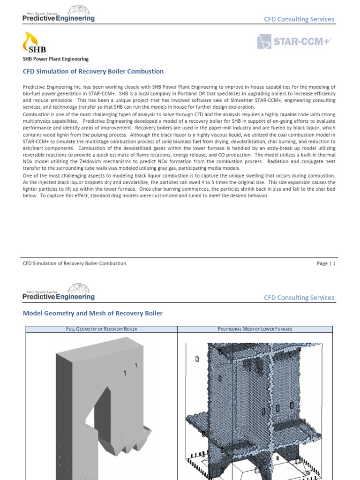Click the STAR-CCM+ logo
[294, 42]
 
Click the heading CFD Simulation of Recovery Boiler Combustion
[93, 71]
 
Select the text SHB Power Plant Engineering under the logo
[56, 59]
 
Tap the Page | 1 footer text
[326, 263]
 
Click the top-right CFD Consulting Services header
[299, 19]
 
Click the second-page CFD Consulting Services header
[299, 298]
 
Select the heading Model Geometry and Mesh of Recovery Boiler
[93, 313]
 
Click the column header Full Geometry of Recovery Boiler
[101, 329]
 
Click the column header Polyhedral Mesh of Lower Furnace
[255, 329]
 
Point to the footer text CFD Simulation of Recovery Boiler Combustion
[75, 263]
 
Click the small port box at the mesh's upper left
[197, 359]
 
